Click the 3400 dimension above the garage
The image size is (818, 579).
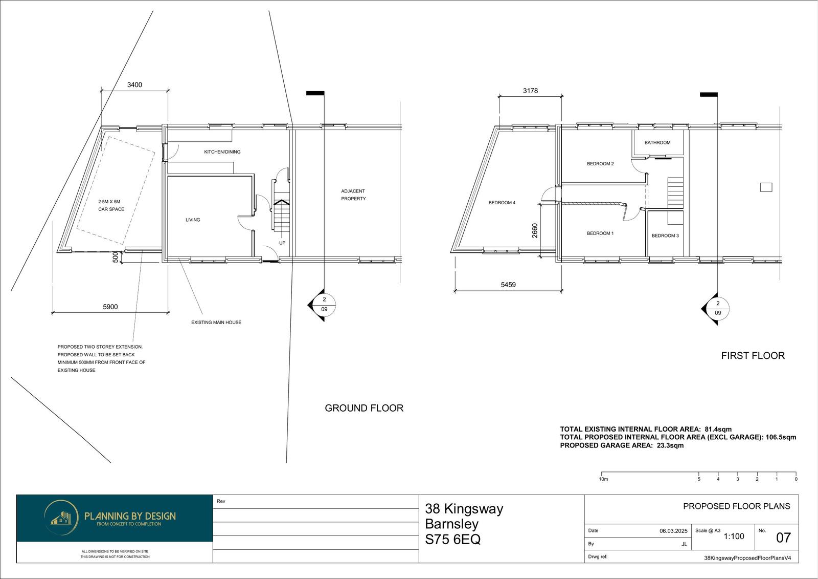(x=134, y=85)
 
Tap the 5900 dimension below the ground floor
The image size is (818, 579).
(x=110, y=307)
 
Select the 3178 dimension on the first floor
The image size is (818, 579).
(x=530, y=91)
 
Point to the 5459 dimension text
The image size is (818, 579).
(x=508, y=285)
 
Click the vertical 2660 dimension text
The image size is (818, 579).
(x=535, y=230)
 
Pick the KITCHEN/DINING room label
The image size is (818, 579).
(x=222, y=152)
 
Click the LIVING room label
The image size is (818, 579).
(x=193, y=220)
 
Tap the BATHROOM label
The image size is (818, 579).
(x=657, y=143)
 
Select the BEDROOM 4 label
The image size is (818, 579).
(x=502, y=203)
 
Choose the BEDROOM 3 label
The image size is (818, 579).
(x=665, y=235)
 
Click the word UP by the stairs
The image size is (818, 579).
(x=282, y=243)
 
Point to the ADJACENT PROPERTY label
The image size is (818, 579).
(x=353, y=195)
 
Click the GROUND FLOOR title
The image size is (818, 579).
(x=364, y=408)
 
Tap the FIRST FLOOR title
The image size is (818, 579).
(x=753, y=355)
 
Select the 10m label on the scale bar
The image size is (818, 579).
(x=604, y=479)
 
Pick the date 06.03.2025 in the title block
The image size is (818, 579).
(x=673, y=531)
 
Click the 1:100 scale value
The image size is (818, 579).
(x=734, y=537)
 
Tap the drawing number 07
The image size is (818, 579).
(x=783, y=538)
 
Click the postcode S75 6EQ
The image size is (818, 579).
(x=453, y=539)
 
